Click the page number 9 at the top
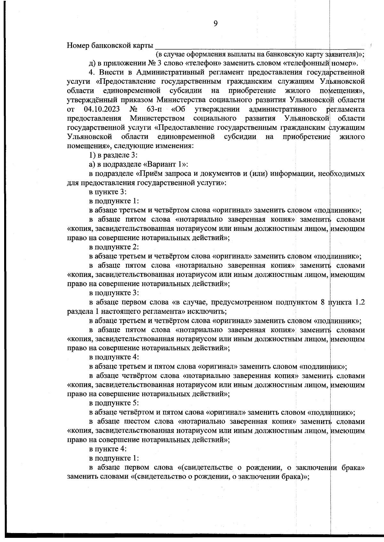215,23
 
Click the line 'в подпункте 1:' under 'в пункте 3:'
114,201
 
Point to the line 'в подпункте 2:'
114,247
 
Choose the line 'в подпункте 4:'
114,357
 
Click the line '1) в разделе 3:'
113,155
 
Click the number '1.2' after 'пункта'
358,302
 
